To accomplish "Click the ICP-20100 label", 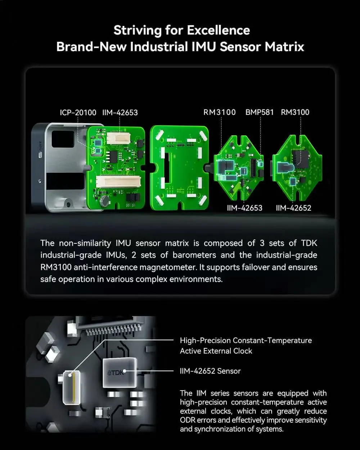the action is [x=78, y=113].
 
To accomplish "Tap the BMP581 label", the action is [x=260, y=112].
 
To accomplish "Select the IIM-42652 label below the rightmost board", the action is [x=293, y=208].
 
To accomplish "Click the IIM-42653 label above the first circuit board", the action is [x=120, y=113].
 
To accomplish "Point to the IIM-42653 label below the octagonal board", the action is [x=244, y=208].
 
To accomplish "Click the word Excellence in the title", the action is [x=219, y=30].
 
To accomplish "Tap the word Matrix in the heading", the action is [x=284, y=47].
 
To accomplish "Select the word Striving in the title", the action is [x=138, y=31].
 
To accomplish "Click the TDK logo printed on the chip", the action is [x=116, y=373].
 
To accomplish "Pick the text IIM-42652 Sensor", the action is [x=210, y=371].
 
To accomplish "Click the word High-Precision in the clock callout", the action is [x=205, y=341].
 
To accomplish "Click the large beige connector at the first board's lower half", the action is [x=118, y=181].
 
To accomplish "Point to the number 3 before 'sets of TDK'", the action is [x=262, y=243].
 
